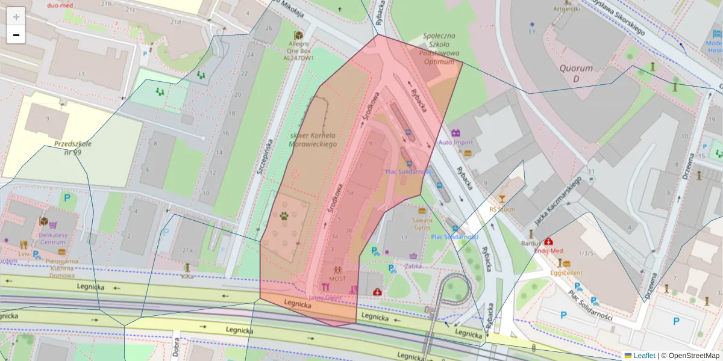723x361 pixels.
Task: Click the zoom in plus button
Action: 16,16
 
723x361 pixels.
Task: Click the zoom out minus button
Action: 16,35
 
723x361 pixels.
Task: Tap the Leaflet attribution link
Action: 643,356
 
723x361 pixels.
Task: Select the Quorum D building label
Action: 576,73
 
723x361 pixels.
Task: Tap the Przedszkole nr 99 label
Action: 73,148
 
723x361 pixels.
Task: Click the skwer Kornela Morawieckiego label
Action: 313,140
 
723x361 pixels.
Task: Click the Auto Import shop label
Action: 455,143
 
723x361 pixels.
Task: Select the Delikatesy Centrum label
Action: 52,238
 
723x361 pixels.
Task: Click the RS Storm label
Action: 502,209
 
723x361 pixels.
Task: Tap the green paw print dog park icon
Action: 284,215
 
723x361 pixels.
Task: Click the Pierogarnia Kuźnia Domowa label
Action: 63,268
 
